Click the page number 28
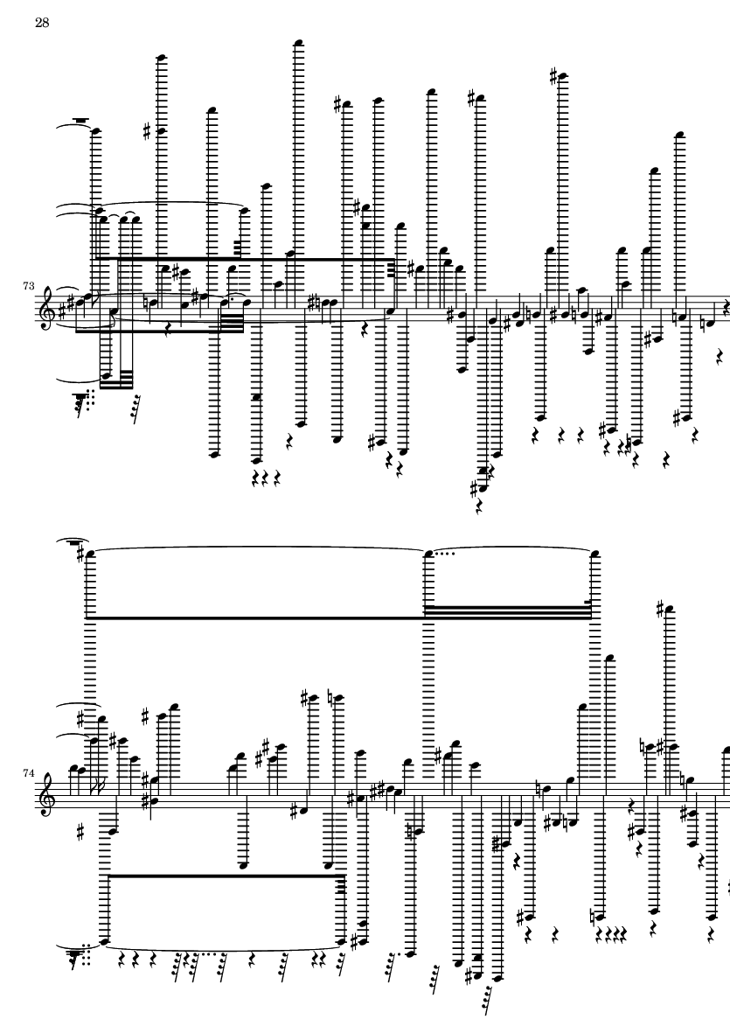pos(41,23)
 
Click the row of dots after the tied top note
pos(443,552)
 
